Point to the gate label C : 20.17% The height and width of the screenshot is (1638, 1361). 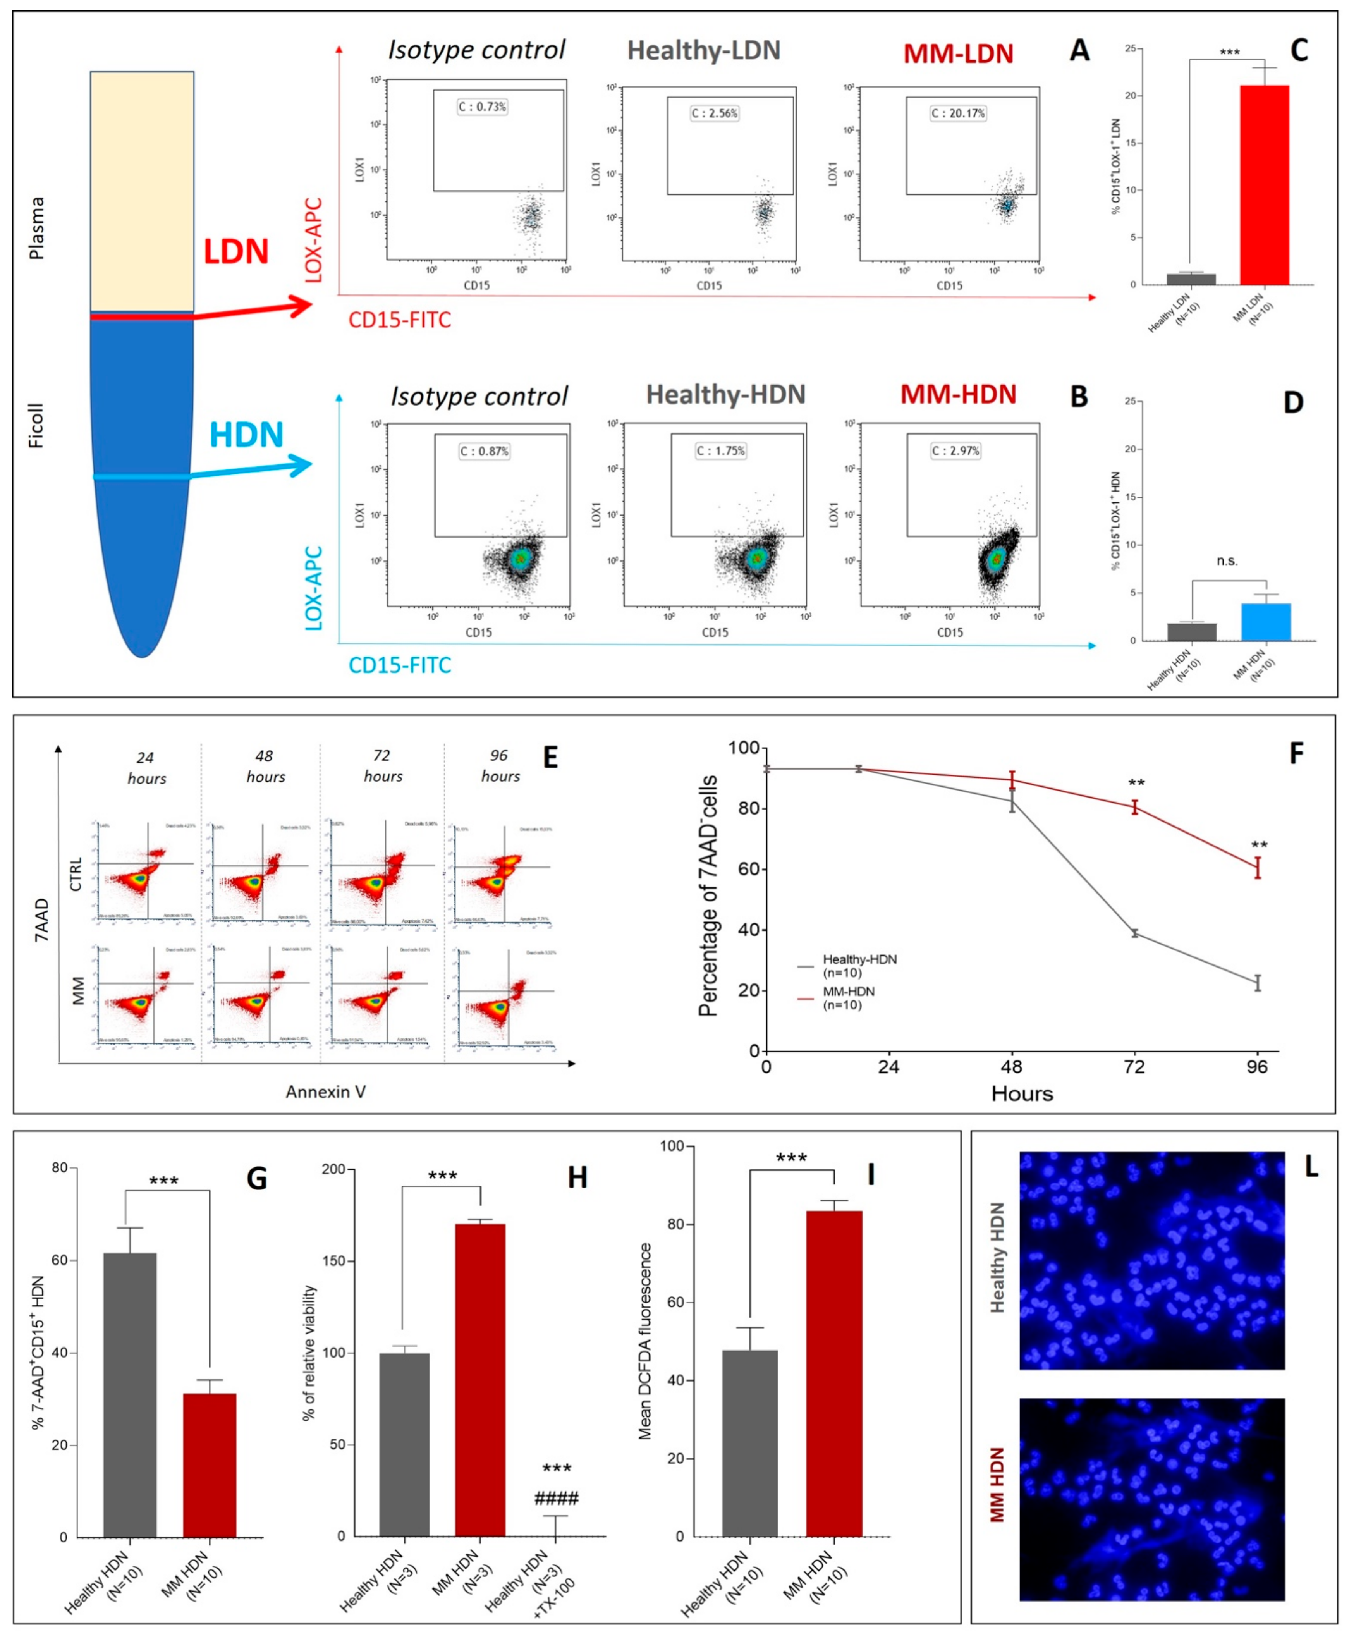point(958,114)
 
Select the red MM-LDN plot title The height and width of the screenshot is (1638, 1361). point(958,54)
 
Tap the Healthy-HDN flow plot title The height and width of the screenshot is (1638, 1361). point(725,395)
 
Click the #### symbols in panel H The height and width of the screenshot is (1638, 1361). point(556,1498)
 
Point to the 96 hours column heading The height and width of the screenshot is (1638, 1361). point(499,766)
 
